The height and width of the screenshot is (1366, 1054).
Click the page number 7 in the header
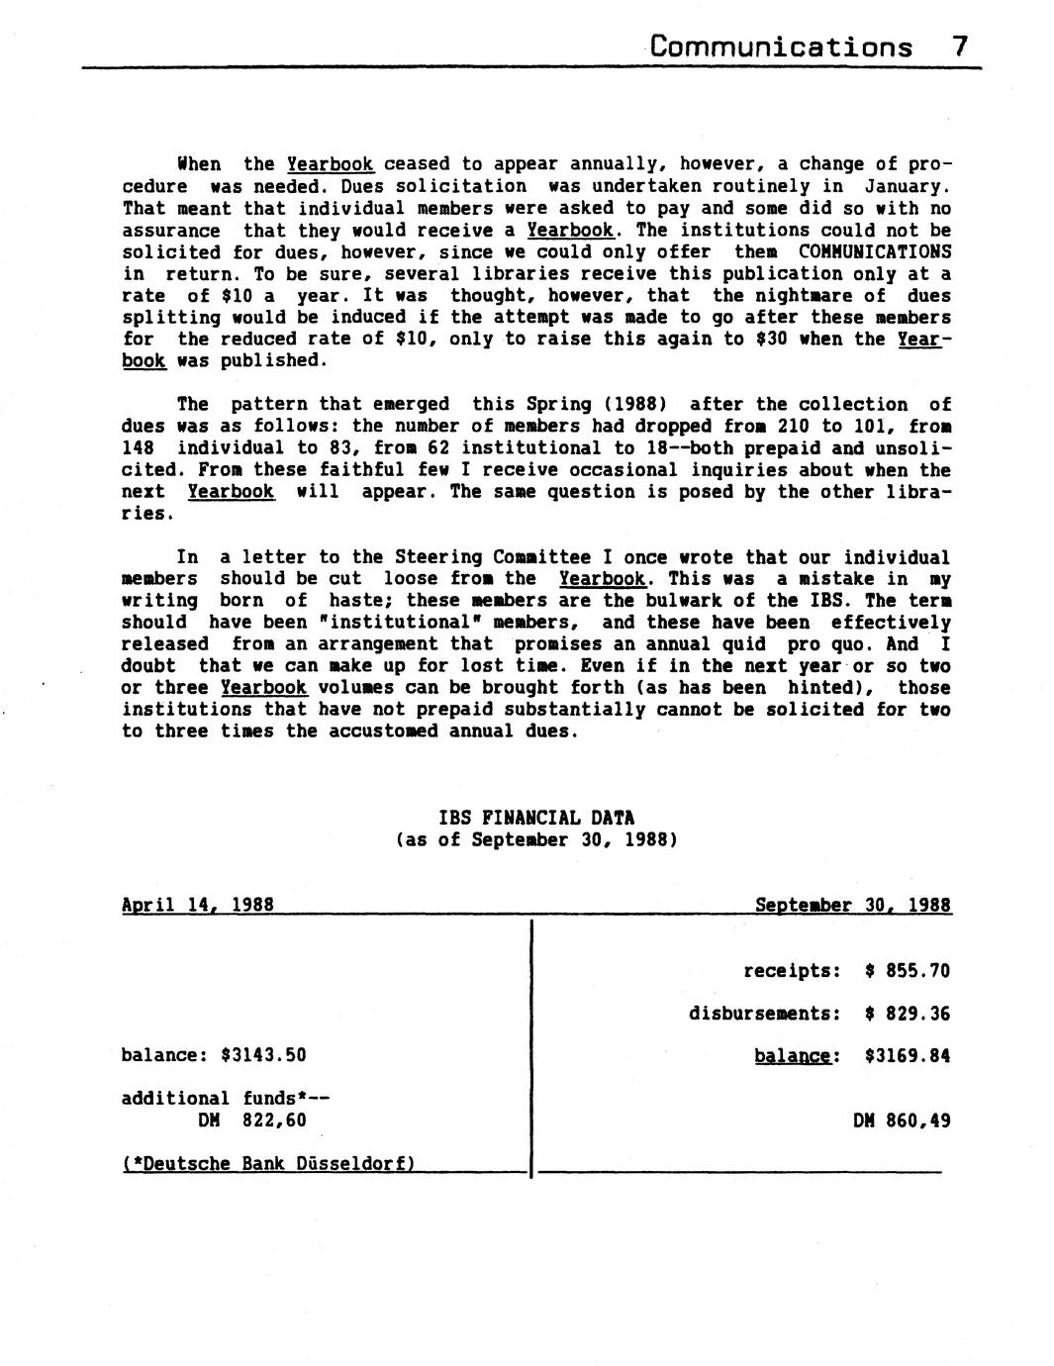(959, 47)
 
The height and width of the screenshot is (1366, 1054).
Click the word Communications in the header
(782, 47)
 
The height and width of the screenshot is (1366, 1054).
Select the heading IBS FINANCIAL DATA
(536, 819)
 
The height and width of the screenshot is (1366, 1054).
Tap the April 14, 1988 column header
(197, 905)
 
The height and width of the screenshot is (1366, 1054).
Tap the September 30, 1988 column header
(853, 905)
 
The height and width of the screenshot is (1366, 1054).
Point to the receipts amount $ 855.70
(907, 971)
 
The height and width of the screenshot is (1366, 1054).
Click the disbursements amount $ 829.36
(907, 1014)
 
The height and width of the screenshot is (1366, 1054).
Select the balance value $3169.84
(907, 1056)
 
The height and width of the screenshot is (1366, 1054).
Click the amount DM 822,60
(252, 1121)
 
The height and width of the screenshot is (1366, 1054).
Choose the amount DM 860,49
(901, 1121)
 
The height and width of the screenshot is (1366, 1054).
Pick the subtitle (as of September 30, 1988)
(536, 840)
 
